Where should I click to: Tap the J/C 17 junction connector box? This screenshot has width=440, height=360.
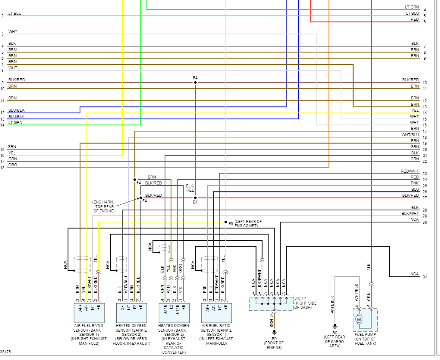(x=271, y=303)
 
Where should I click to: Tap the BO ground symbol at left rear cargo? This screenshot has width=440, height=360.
(x=335, y=326)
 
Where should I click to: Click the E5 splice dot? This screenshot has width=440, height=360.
(x=225, y=222)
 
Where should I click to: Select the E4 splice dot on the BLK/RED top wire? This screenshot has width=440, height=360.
(x=195, y=82)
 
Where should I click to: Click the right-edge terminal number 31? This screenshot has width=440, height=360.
(x=425, y=277)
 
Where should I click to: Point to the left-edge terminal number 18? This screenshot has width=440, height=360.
(x=3, y=168)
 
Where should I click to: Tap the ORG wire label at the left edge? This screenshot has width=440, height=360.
(x=13, y=165)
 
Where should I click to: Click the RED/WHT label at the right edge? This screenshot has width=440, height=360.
(x=410, y=171)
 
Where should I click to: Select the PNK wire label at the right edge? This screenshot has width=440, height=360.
(x=415, y=183)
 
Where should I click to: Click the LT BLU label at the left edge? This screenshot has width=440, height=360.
(x=14, y=14)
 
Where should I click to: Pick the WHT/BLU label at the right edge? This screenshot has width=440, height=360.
(x=410, y=135)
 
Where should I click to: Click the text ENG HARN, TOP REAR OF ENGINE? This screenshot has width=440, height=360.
(x=104, y=206)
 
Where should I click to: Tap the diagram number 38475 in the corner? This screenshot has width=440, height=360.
(x=6, y=352)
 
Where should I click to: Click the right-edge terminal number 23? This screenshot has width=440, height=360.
(x=425, y=174)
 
